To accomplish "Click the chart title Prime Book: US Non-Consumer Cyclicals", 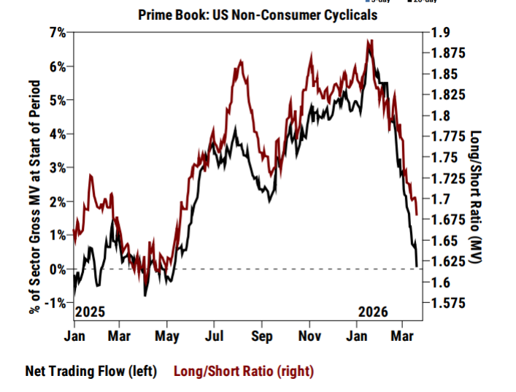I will tap(258, 15).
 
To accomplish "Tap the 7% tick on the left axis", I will tap(58, 32).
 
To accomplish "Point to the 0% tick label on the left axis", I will tap(58, 269).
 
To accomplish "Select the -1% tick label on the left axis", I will tap(56, 304).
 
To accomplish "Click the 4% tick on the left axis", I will tap(58, 134).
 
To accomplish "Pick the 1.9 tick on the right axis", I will tap(440, 32).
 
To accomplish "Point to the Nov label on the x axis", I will tap(310, 337).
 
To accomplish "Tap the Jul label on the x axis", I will tap(214, 337).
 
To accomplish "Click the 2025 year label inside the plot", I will tap(91, 312).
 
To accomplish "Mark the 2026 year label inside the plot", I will tap(373, 312).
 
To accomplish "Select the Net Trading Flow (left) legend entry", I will tap(91, 371).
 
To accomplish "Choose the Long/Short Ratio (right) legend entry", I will tap(244, 371).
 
